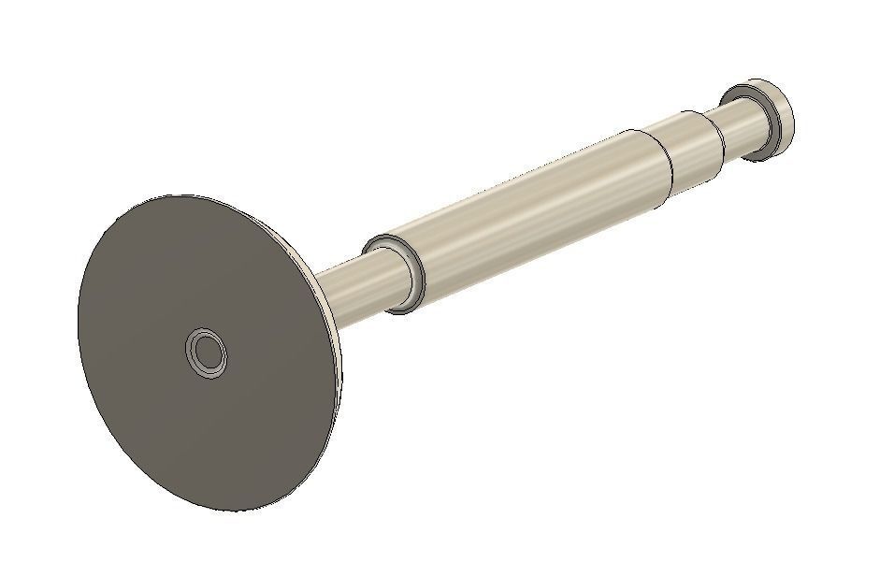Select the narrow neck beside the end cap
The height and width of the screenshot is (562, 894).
(741, 125)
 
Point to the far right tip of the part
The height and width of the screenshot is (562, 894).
(794, 110)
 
